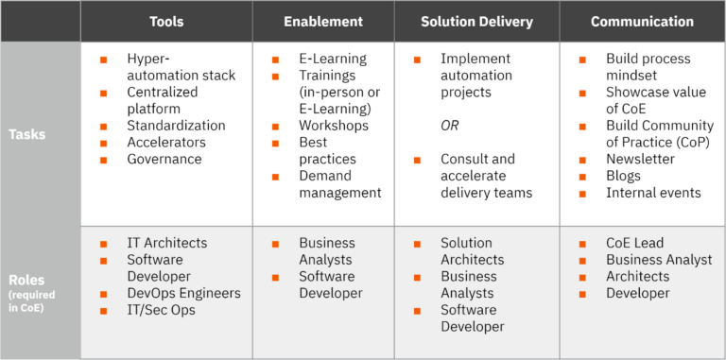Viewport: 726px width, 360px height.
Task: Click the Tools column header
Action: click(166, 22)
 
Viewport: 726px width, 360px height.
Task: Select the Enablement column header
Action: click(323, 22)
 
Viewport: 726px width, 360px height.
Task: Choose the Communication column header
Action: click(642, 22)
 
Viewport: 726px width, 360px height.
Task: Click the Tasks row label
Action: click(27, 134)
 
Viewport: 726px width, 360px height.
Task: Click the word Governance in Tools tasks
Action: click(164, 159)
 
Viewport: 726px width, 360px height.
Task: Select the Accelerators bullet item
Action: click(166, 142)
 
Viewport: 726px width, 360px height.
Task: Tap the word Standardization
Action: click(176, 125)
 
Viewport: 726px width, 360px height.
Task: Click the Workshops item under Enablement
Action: click(334, 125)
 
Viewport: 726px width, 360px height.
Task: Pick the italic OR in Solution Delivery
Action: click(451, 125)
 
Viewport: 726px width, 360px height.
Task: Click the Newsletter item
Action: click(641, 159)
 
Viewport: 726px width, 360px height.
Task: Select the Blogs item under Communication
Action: click(624, 176)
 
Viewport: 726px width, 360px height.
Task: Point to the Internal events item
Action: click(653, 193)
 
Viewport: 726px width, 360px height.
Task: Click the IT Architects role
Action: click(167, 243)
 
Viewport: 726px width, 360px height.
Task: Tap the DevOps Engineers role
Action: click(183, 293)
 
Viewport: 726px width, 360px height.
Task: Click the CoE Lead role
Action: click(638, 243)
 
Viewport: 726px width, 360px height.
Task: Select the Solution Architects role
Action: click(473, 251)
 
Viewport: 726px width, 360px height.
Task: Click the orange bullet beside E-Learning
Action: click(275, 59)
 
